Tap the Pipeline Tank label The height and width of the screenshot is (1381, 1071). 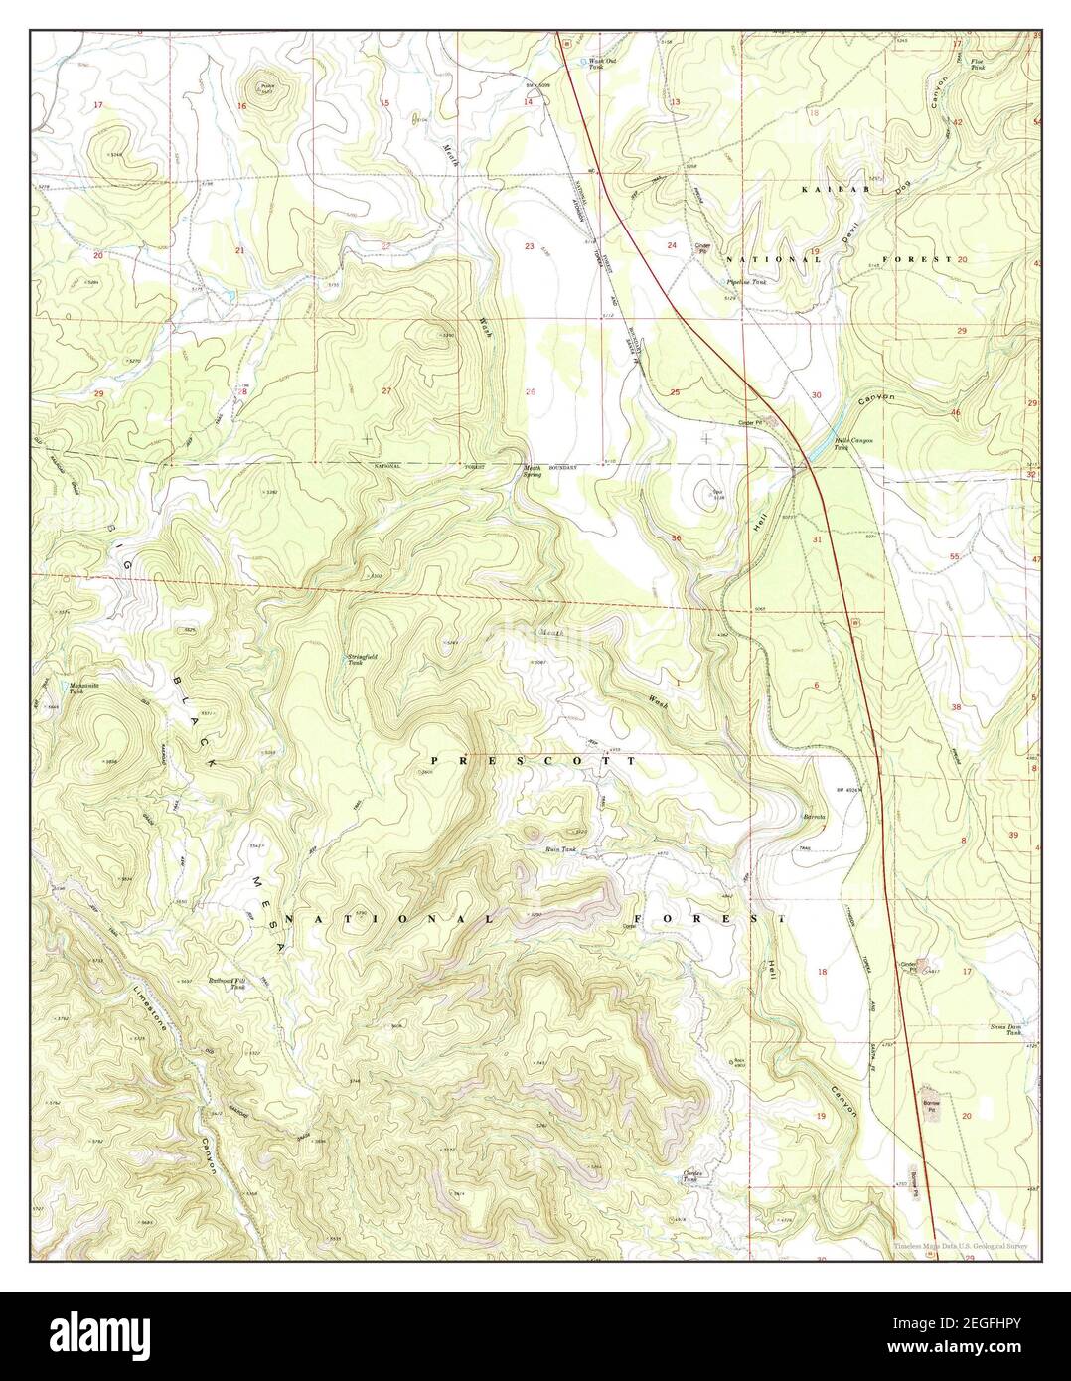[x=744, y=282]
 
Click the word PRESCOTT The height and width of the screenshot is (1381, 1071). [x=532, y=760]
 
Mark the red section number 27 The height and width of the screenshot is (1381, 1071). [x=386, y=390]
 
